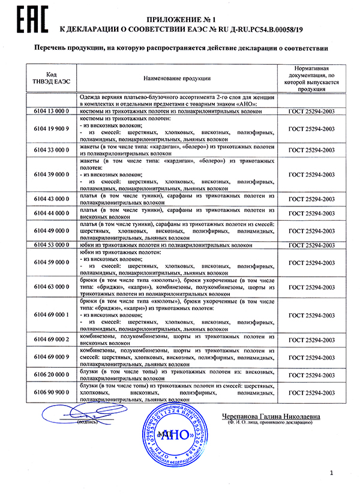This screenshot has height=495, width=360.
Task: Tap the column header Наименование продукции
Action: [x=176, y=78]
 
